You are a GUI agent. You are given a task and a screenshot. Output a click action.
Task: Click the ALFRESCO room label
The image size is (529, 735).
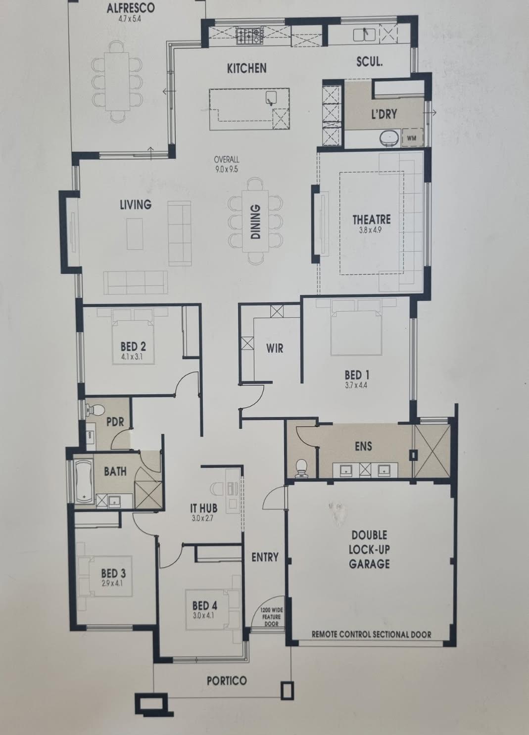tap(130, 8)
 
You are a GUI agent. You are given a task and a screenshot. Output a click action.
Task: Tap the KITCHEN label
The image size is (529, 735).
tap(247, 69)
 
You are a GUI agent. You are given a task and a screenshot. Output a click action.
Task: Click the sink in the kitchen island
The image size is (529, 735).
tap(271, 98)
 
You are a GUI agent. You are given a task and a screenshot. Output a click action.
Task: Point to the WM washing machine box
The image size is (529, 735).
tap(411, 138)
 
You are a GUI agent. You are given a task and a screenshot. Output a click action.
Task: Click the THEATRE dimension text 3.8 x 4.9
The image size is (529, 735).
tap(372, 230)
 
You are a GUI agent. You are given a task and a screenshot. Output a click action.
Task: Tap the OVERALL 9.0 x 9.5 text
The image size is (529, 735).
tap(226, 164)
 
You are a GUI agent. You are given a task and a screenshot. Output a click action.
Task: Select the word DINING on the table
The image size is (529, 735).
tap(256, 222)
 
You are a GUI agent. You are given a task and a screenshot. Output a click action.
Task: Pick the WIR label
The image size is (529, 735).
tap(275, 348)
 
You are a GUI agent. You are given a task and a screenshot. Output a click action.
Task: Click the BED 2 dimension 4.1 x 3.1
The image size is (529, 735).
tap(132, 356)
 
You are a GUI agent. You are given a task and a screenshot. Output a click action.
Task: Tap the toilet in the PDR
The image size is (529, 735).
tap(95, 409)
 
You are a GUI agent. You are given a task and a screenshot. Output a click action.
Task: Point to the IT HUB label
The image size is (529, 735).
tap(203, 508)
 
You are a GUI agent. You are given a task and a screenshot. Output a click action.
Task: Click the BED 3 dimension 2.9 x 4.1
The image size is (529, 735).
tap(112, 584)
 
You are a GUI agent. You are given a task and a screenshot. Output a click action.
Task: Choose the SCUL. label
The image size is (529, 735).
tap(370, 62)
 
